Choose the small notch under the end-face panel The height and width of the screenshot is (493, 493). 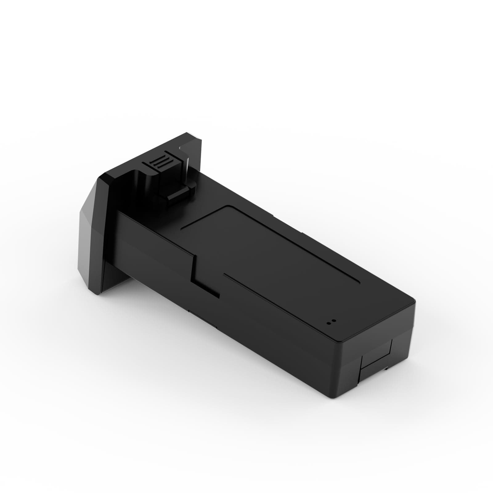[x=386, y=368]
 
